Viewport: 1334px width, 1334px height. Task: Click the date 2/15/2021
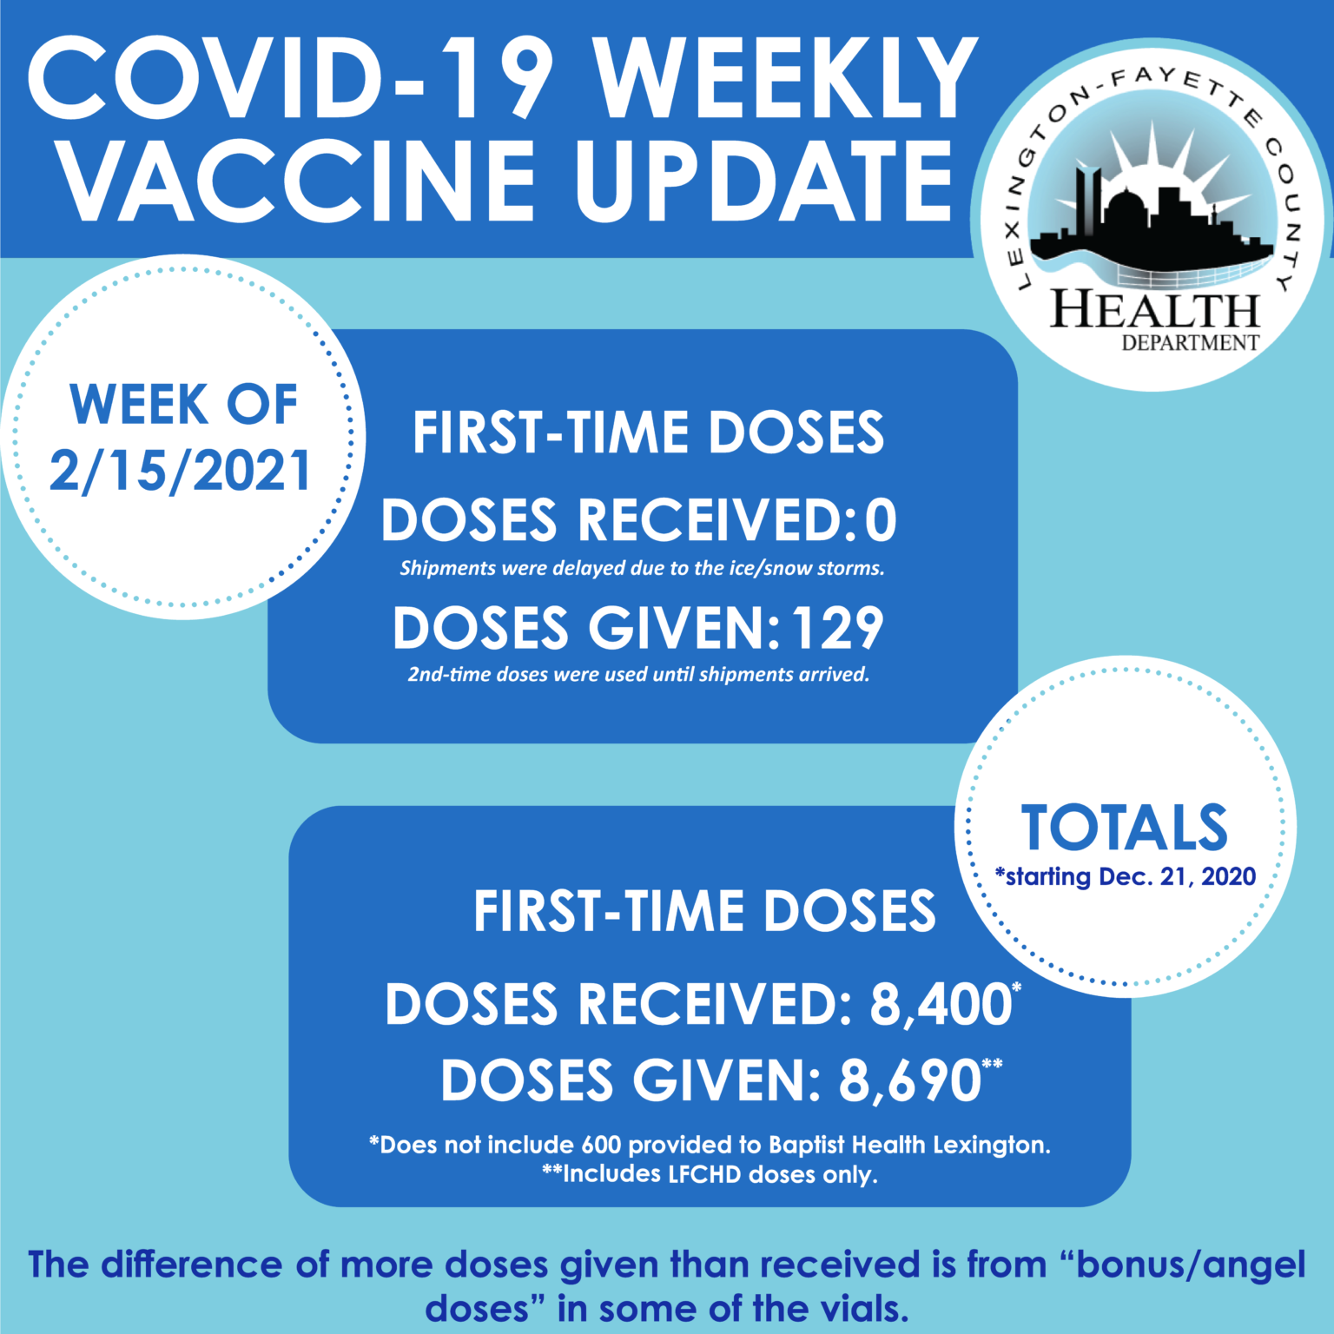(180, 472)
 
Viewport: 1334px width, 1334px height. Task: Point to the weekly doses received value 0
(881, 520)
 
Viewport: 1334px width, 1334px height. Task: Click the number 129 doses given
(837, 628)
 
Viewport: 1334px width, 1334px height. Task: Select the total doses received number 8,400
(941, 1004)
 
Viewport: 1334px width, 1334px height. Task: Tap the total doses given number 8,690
(909, 1081)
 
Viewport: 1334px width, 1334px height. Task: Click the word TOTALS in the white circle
(1125, 828)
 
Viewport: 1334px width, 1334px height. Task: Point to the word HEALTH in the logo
(1155, 309)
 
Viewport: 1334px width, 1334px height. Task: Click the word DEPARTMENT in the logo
(1190, 343)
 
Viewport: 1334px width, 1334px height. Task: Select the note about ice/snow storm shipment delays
(642, 569)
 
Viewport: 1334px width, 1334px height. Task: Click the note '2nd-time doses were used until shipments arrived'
(638, 675)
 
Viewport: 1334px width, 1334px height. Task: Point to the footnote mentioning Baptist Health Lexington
(710, 1145)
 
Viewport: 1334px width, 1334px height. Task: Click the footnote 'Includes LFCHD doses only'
(710, 1174)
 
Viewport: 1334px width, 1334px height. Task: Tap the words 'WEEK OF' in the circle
(183, 405)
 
